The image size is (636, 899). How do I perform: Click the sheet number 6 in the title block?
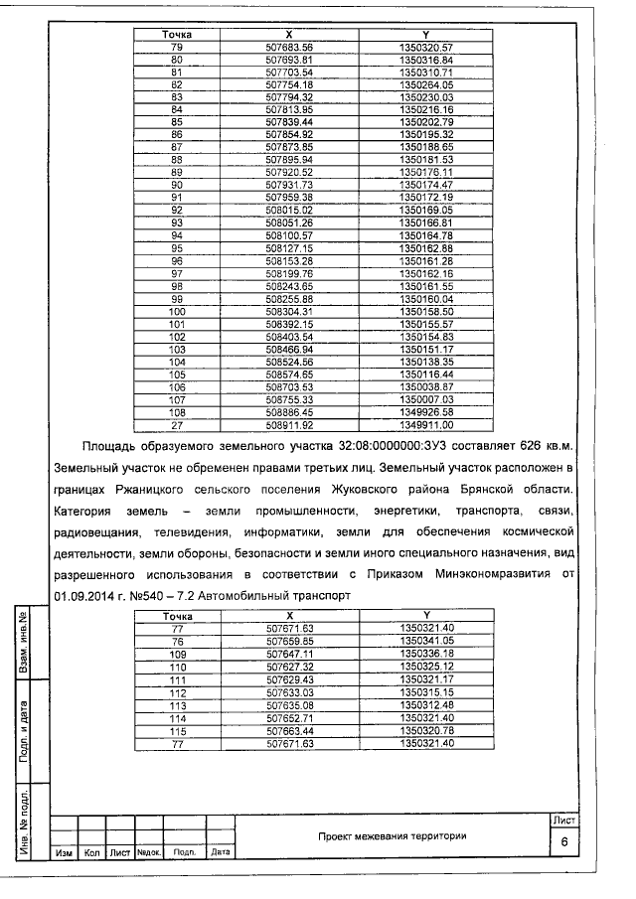click(x=563, y=840)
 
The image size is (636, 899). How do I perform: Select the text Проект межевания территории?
click(x=392, y=835)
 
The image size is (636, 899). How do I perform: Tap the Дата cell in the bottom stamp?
click(x=221, y=852)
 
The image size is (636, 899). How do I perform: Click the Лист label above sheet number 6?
click(x=562, y=820)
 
